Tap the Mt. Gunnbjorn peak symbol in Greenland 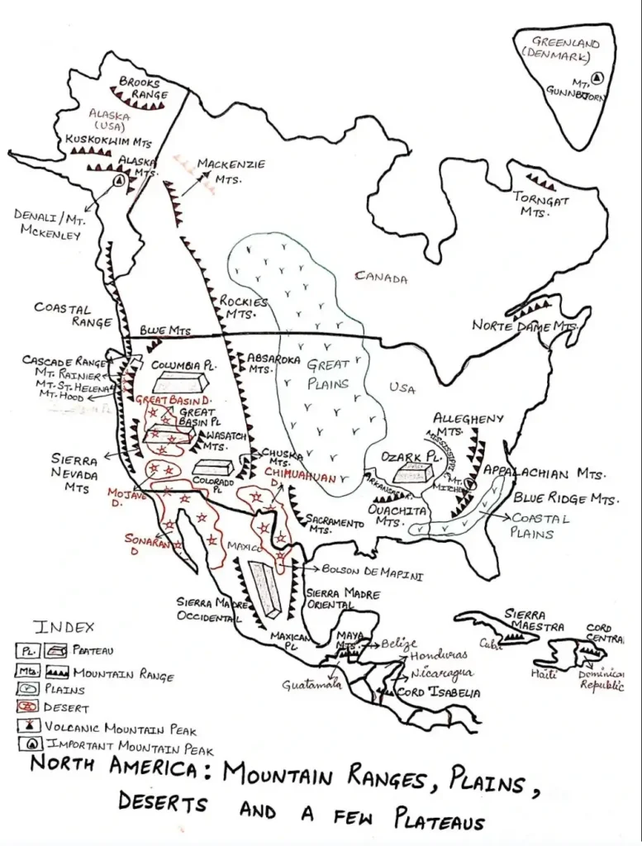click(598, 78)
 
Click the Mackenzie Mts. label click(231, 170)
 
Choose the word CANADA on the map click(381, 278)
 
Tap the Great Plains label click(328, 373)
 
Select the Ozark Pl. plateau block click(411, 473)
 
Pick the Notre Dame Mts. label click(523, 326)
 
